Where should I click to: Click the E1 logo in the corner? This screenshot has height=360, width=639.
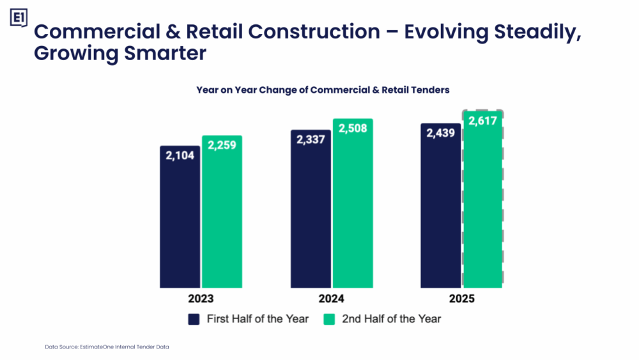click(19, 19)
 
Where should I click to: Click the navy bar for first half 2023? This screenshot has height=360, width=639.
click(180, 217)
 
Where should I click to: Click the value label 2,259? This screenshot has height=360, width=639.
click(222, 145)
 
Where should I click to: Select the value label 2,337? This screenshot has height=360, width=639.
click(311, 139)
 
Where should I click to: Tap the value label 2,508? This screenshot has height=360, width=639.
click(353, 129)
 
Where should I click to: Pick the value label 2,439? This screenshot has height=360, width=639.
click(440, 133)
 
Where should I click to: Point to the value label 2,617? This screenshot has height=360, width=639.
click(483, 120)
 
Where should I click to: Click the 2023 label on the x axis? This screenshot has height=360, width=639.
click(201, 299)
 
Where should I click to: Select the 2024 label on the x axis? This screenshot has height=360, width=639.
click(331, 299)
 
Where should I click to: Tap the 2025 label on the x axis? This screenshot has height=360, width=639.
click(461, 299)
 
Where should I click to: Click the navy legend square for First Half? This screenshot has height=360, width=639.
click(194, 318)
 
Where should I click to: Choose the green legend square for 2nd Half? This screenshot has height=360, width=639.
click(329, 318)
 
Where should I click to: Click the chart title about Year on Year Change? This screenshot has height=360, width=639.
click(323, 90)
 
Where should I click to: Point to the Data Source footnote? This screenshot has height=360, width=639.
click(107, 347)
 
